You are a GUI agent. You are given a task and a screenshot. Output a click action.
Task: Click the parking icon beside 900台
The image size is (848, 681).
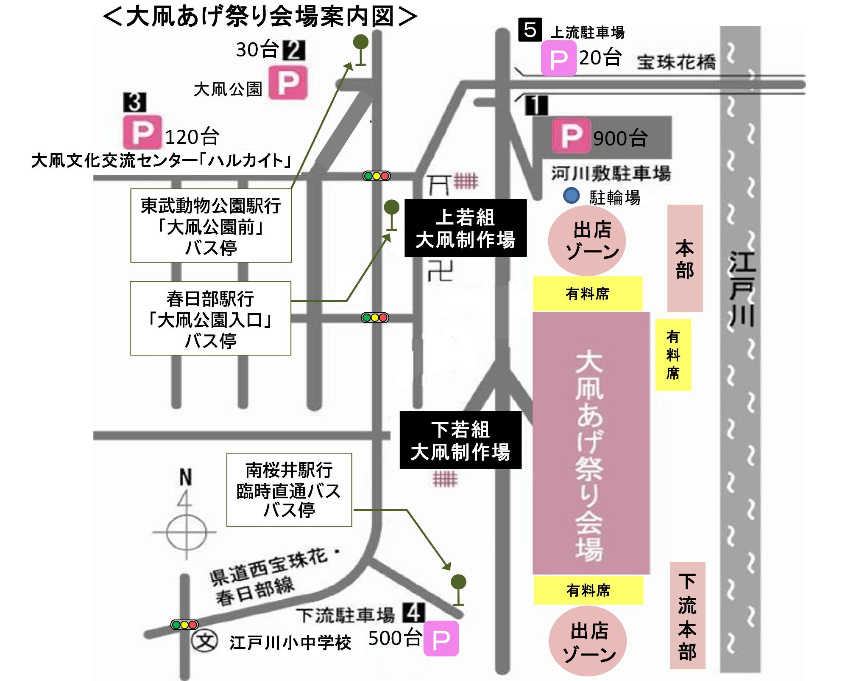coord(571,136)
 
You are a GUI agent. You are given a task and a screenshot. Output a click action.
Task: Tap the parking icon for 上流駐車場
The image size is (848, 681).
coord(558,59)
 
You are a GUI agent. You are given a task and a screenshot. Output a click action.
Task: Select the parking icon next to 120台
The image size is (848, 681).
coord(142,132)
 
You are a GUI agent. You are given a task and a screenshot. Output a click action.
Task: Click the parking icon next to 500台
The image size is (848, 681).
coord(441,639)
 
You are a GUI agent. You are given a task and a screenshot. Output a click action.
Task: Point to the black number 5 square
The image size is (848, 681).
coord(530,30)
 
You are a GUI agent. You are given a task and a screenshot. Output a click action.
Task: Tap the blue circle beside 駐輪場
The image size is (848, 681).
coord(571,196)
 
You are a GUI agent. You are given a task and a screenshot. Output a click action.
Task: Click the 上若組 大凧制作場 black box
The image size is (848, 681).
coord(466,228)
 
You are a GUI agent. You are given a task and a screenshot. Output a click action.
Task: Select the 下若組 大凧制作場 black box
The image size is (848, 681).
coord(460,440)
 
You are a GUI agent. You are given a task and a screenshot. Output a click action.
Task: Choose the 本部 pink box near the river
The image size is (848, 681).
coord(685,258)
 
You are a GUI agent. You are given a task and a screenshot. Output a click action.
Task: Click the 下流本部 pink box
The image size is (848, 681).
coord(687,616)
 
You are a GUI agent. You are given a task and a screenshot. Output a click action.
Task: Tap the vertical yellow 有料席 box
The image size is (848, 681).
coord(673,355)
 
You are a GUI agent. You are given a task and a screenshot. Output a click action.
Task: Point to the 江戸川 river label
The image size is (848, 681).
coord(742,289)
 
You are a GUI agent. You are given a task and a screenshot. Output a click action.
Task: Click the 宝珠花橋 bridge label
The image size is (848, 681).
coord(676,62)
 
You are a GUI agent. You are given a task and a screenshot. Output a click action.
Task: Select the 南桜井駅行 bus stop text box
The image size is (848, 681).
coord(289,490)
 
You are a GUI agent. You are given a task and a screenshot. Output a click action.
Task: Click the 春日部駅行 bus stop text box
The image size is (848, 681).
coord(210,318)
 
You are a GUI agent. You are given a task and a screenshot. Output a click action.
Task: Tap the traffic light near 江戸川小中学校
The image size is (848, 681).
coord(184,625)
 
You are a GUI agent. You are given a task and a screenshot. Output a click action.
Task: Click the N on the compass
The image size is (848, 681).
coord(185,478)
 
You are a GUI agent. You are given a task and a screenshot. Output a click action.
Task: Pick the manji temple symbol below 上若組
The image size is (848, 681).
coord(440,271)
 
